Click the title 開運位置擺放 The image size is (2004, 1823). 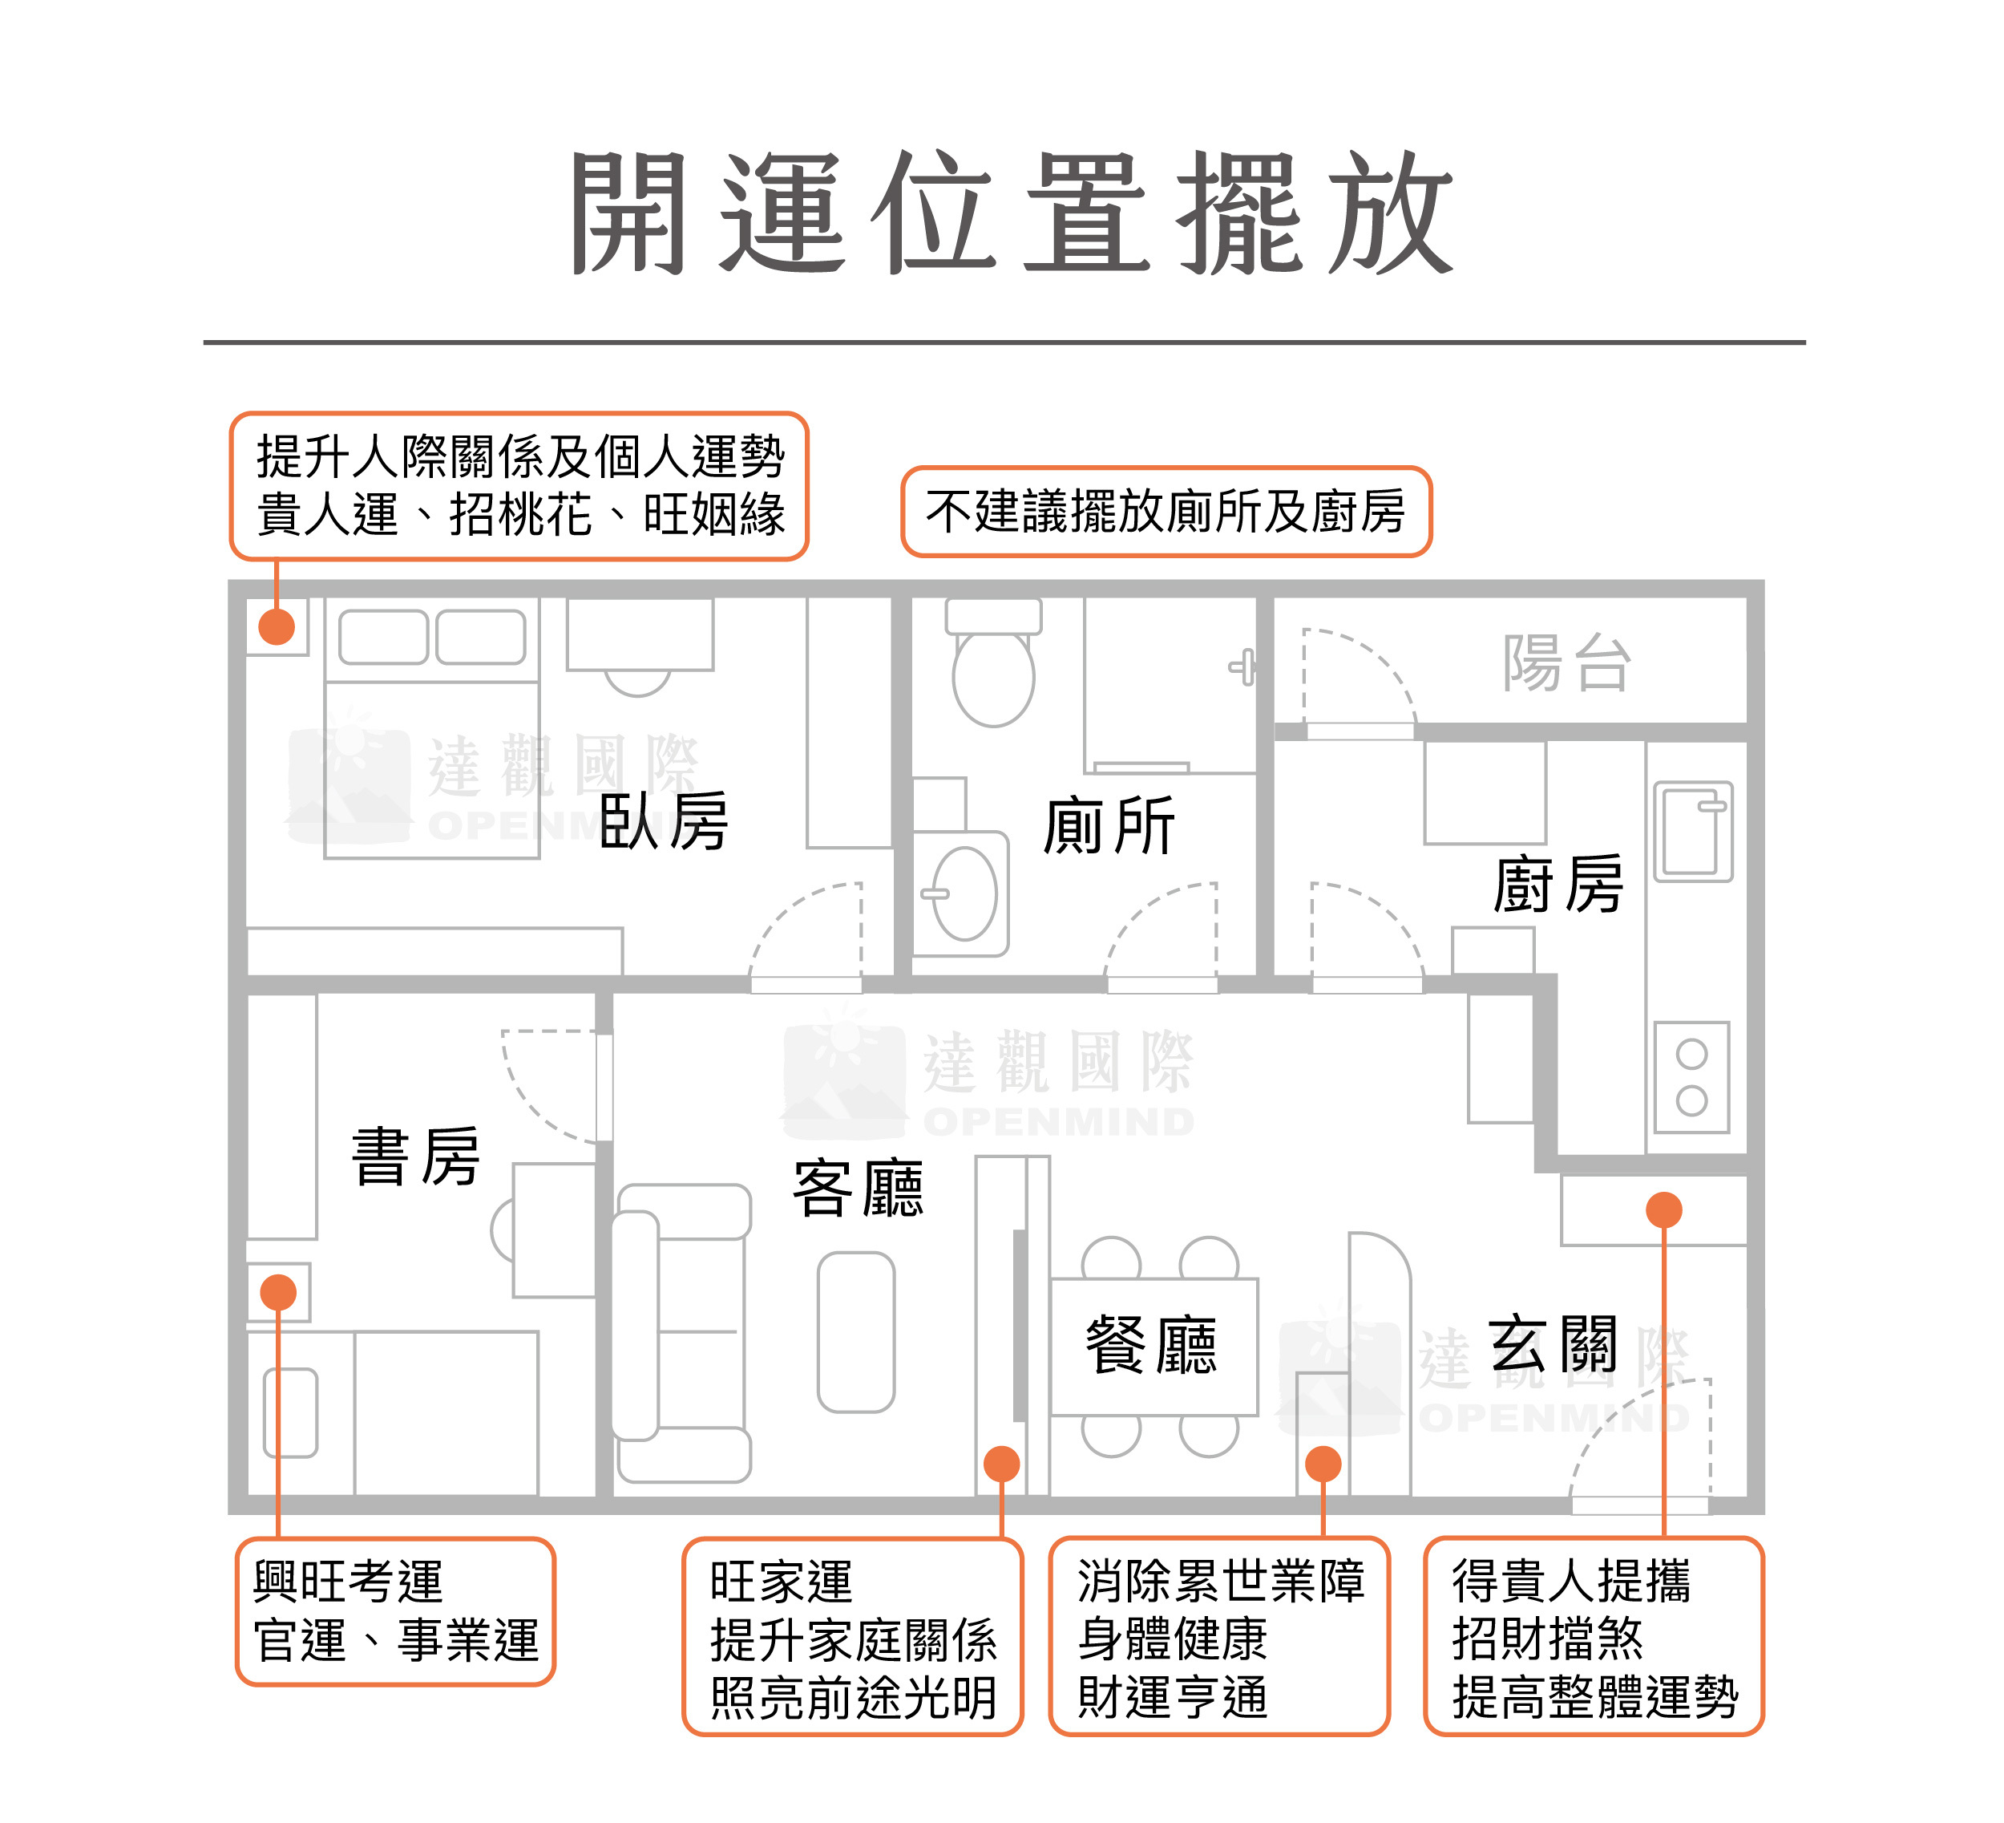tap(1011, 214)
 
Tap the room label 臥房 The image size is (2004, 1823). tap(663, 821)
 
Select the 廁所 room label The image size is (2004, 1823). tap(1109, 825)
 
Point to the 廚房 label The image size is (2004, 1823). tap(1557, 884)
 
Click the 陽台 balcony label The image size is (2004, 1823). tap(1566, 663)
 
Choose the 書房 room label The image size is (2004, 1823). tap(415, 1157)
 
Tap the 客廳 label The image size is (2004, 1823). tap(857, 1189)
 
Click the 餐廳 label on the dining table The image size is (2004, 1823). tap(1150, 1346)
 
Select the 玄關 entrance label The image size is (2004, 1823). tap(1553, 1345)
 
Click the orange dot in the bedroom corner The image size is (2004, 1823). tap(277, 626)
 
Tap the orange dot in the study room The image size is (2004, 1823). tap(278, 1292)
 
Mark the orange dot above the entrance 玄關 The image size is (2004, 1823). tap(1664, 1209)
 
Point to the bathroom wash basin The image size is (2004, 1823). tap(964, 893)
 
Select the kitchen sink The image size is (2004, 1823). tap(1693, 832)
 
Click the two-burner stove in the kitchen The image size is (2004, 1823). tap(1692, 1077)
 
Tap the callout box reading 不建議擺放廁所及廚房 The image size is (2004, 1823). tap(1166, 511)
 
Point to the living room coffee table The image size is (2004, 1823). tap(856, 1331)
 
